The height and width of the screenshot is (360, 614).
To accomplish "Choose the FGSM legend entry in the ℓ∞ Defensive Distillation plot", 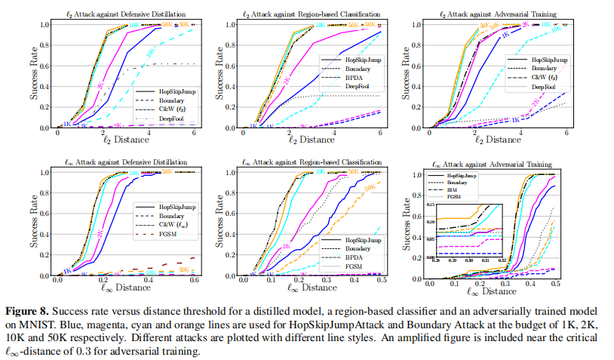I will (167, 236).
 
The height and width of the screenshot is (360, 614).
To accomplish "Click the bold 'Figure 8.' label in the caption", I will (29, 310).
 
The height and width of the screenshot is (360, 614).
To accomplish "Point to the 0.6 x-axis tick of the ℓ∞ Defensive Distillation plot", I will (195, 279).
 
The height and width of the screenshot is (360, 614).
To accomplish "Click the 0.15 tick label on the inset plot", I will (431, 204).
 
